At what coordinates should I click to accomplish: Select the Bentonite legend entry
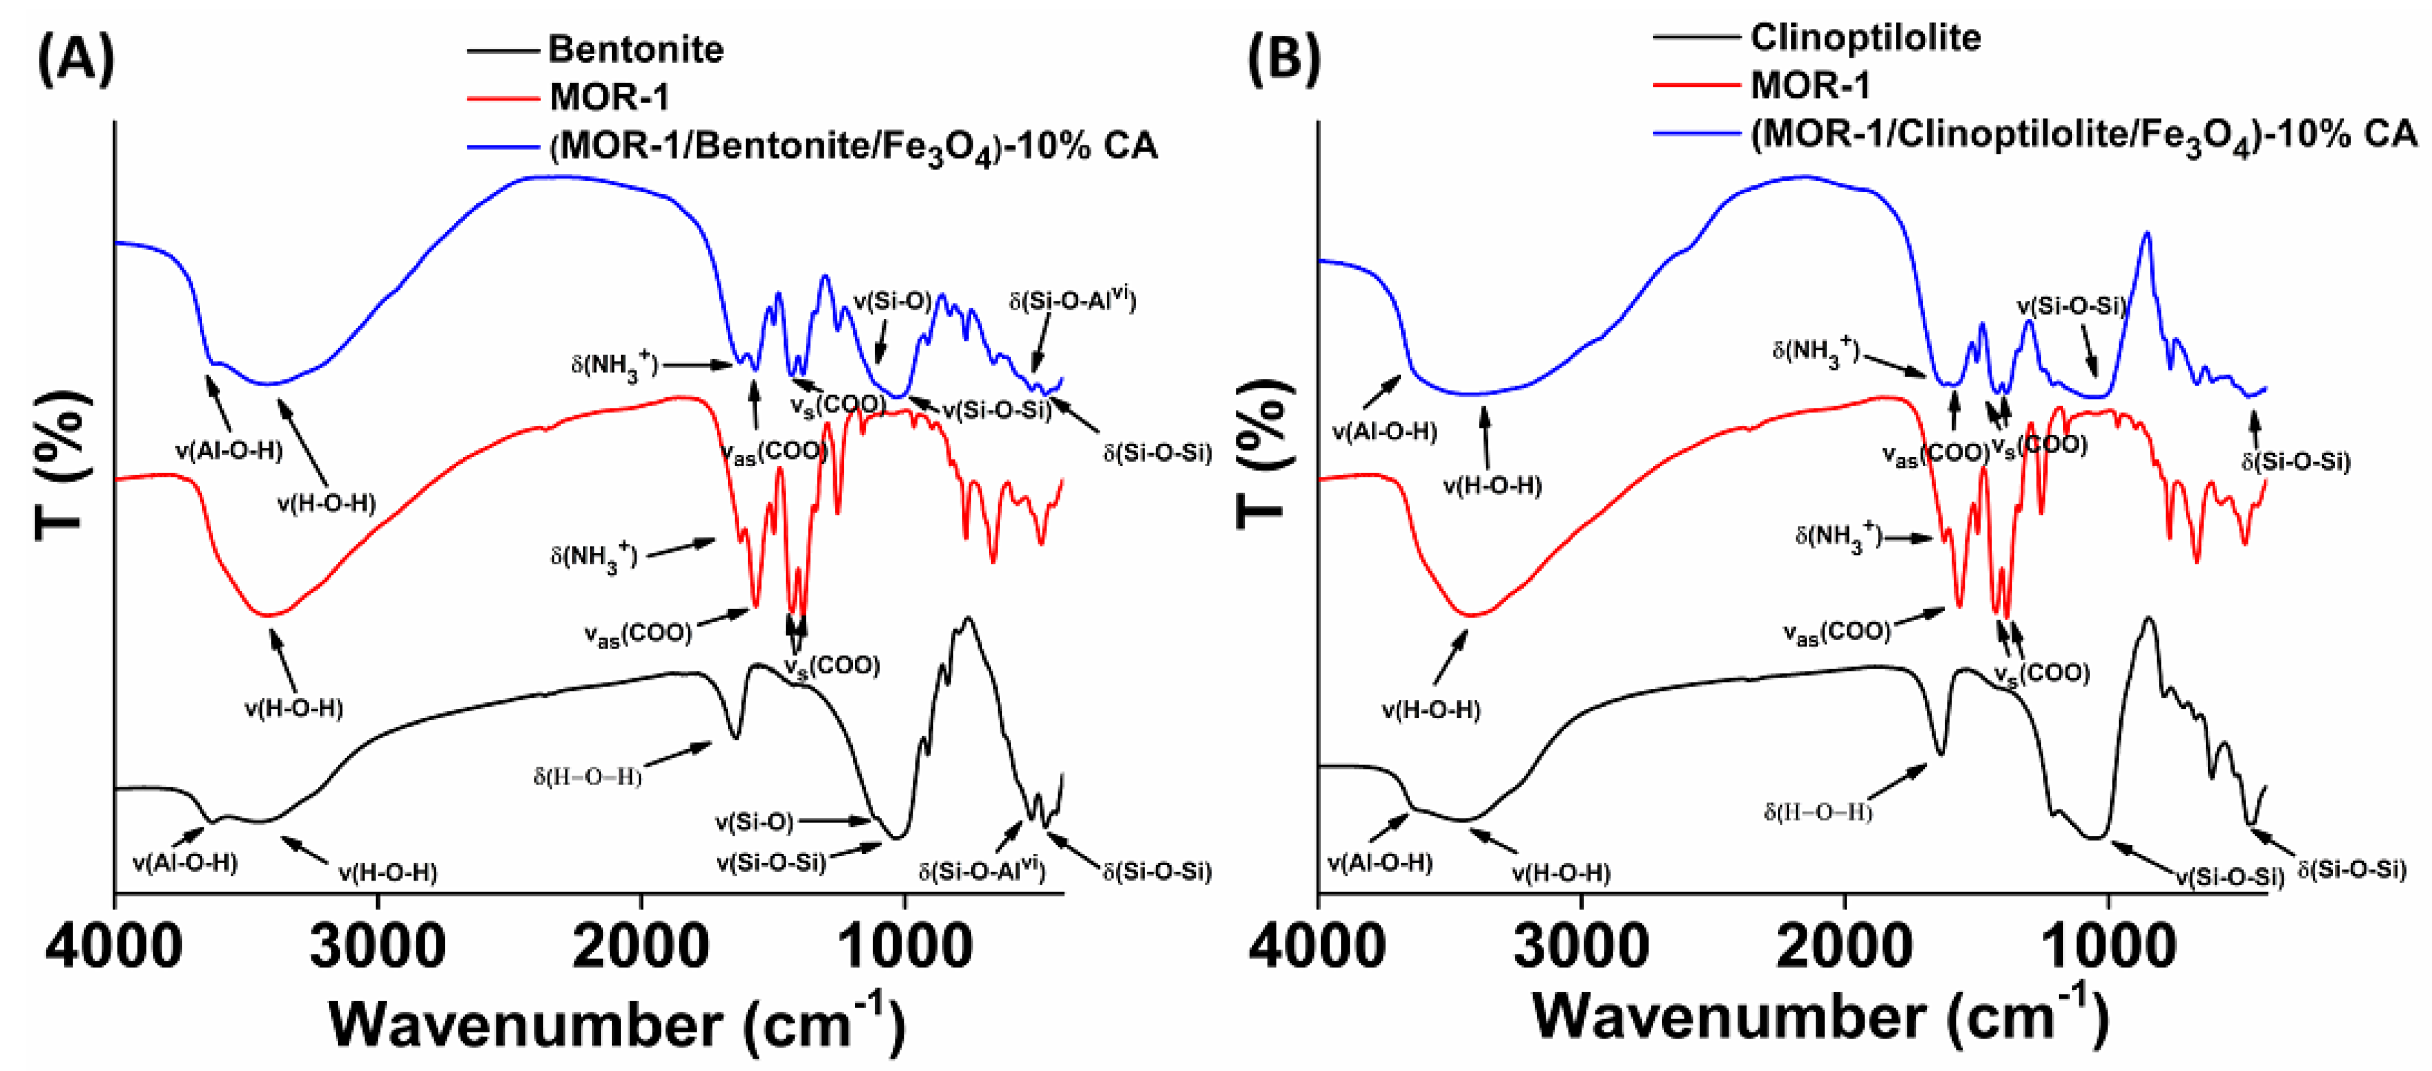pyautogui.click(x=635, y=49)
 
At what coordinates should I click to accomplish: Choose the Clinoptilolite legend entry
pyautogui.click(x=1865, y=38)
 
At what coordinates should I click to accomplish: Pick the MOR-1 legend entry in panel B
pyautogui.click(x=1810, y=86)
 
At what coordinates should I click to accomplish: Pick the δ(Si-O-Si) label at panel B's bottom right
pyautogui.click(x=2351, y=869)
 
